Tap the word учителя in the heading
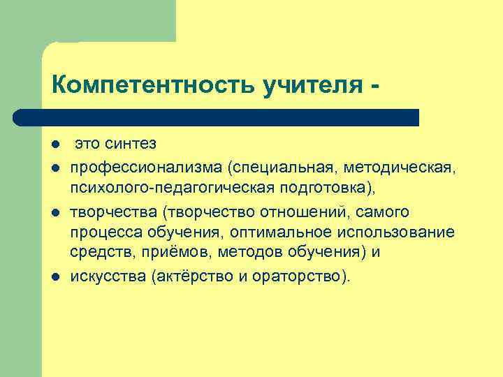[x=311, y=86]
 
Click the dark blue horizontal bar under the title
[x=217, y=117]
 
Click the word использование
[x=403, y=232]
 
